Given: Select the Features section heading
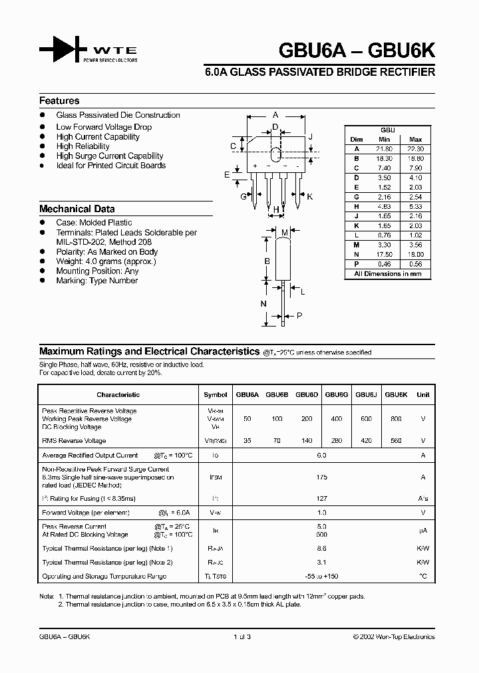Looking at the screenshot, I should click(x=59, y=101).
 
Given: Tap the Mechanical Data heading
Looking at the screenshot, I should click(x=77, y=209).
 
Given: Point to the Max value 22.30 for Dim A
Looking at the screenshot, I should click(x=416, y=149).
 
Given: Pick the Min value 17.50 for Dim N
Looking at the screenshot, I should click(x=384, y=255).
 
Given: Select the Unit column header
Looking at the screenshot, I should click(x=422, y=394).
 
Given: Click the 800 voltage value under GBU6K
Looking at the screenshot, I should click(x=396, y=419).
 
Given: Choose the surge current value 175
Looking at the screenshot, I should click(x=322, y=477).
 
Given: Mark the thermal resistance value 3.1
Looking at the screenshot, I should click(x=322, y=562).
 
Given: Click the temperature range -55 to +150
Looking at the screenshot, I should click(x=322, y=576).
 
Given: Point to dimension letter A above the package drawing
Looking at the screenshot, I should click(x=275, y=115).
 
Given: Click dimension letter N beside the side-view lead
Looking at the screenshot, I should click(x=263, y=304).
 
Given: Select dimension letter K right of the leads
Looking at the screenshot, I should click(x=309, y=197).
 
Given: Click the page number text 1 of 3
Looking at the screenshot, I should click(x=241, y=637).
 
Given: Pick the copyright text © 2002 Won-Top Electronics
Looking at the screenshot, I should click(x=394, y=637).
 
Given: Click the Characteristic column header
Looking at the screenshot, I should click(x=118, y=394).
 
